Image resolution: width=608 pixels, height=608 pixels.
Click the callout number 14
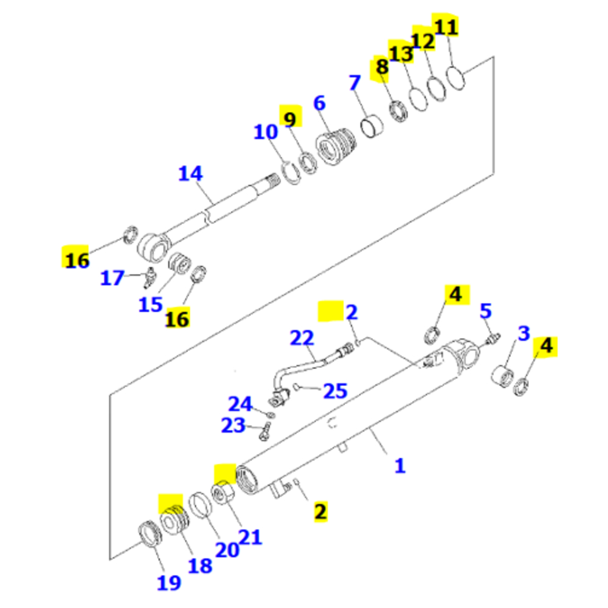click(x=190, y=174)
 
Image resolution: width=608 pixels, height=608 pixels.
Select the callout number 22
click(x=302, y=338)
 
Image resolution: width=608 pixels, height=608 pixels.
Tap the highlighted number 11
click(x=445, y=27)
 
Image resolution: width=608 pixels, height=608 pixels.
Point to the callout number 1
click(x=399, y=466)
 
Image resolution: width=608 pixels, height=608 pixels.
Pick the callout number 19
click(x=169, y=582)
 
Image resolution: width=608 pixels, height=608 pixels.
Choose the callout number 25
click(x=335, y=390)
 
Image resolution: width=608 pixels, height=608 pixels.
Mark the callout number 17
click(x=112, y=278)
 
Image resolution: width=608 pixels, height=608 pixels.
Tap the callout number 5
click(x=485, y=312)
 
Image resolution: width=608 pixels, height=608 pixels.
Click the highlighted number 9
click(x=290, y=119)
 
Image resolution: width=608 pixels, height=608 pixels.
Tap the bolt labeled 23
click(x=263, y=431)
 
